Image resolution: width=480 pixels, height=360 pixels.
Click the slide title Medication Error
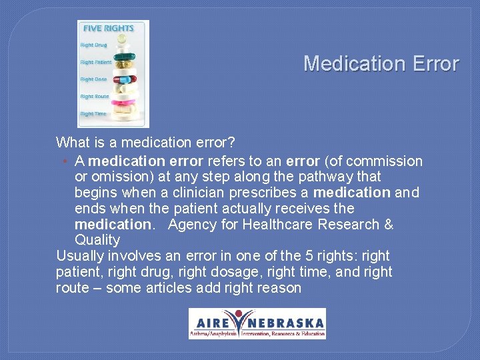click(x=381, y=64)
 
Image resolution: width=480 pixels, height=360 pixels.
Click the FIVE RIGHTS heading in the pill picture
click(x=108, y=28)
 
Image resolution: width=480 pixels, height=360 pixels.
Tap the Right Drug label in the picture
click(x=94, y=45)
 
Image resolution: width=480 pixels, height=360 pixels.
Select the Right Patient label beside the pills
click(x=96, y=63)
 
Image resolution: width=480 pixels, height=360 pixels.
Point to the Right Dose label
click(x=93, y=79)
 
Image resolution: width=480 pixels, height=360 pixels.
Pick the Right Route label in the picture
click(x=95, y=97)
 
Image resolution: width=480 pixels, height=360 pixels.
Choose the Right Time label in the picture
click(x=93, y=114)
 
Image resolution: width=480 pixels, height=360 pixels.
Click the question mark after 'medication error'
click(x=231, y=143)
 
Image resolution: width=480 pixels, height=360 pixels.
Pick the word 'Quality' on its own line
click(x=97, y=240)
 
